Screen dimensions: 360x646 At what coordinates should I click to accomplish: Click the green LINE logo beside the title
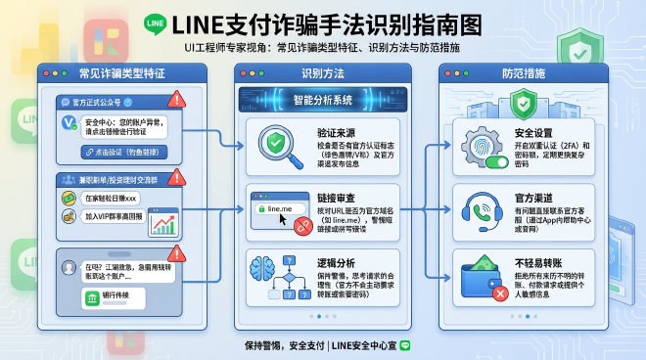pyautogui.click(x=154, y=22)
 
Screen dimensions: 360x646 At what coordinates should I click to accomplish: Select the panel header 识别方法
pyautogui.click(x=324, y=74)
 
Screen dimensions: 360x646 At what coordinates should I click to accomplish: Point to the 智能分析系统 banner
pyautogui.click(x=324, y=98)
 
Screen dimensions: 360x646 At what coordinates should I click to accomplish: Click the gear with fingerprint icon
pyautogui.click(x=484, y=143)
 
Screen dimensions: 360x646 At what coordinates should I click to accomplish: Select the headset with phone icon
pyautogui.click(x=483, y=209)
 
